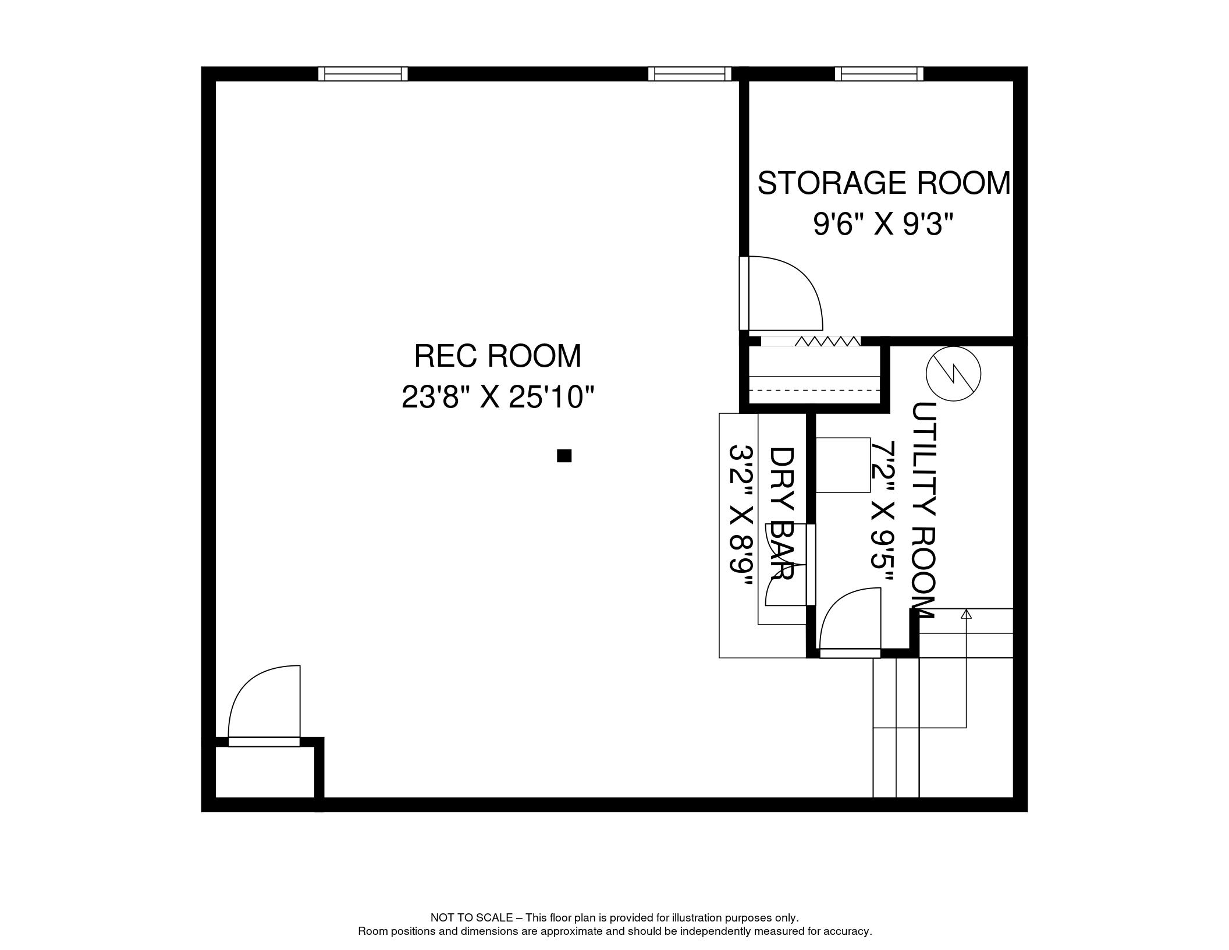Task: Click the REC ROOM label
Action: (498, 356)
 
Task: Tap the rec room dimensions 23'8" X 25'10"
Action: (498, 398)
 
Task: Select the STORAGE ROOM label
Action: (883, 183)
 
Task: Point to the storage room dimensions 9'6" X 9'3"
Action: (884, 225)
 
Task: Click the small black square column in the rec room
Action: (564, 456)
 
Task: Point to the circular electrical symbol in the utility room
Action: (953, 374)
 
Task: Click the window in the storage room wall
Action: (879, 74)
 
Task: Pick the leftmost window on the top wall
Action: (363, 74)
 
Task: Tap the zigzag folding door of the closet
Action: (826, 341)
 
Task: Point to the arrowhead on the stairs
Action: (967, 614)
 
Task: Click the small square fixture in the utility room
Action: (843, 465)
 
